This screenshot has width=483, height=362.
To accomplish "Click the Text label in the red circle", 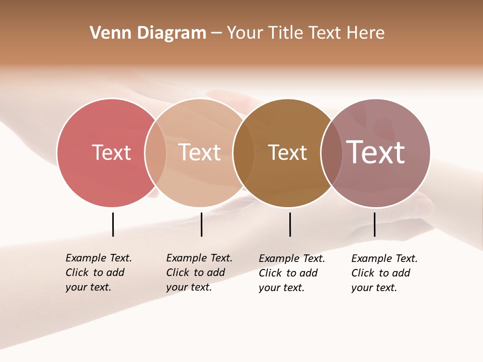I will pos(111,152).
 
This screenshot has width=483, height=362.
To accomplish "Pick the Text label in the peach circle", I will pos(200,152).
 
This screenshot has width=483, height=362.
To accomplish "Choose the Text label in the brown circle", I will pos(287,152).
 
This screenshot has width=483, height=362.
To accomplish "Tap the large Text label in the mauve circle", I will pos(375,152).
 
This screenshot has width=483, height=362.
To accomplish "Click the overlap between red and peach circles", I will pos(155,152).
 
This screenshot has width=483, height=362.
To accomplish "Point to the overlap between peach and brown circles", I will pos(244,152).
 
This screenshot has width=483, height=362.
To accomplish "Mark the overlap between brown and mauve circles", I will pos(332,152).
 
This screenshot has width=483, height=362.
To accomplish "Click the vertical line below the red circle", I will pos(113,224).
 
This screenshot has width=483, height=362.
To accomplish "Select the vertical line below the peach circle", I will pos(201,224).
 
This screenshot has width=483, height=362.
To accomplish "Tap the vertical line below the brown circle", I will pos(290,224).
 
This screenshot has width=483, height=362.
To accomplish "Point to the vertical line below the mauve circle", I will pos(374,224).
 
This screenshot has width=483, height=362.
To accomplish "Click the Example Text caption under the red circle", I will pos(98,273).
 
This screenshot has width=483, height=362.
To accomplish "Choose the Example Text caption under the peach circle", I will pos(199,273).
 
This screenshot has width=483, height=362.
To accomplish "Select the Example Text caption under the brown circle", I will pos(291,273).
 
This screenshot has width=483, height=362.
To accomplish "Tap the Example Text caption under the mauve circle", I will pos(384,273).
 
